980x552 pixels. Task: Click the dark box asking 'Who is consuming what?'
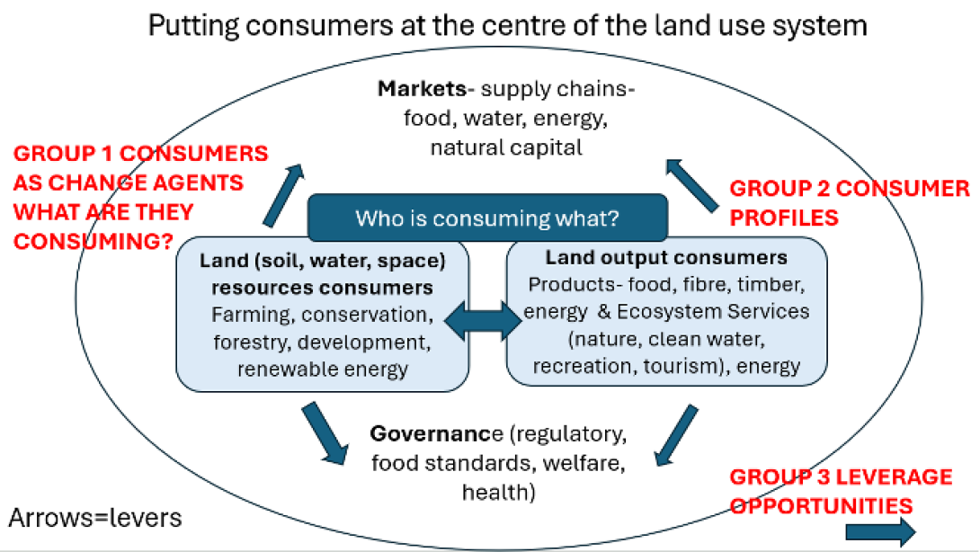[488, 218]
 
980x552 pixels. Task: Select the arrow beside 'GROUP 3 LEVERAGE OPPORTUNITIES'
[880, 531]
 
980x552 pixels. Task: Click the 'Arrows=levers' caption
[95, 518]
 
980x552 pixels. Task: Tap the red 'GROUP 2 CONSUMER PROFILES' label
[849, 203]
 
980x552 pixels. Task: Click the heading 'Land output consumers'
[666, 258]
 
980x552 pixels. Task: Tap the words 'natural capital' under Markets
[506, 147]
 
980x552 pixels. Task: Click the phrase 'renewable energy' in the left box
[321, 368]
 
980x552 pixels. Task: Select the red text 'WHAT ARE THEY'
[103, 212]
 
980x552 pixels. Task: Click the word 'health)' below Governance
[500, 493]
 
